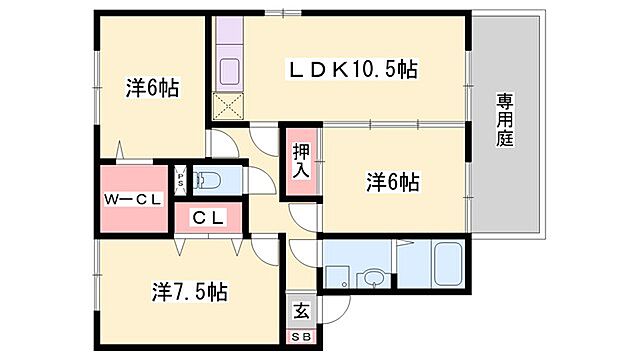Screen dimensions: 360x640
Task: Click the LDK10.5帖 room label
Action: [x=352, y=69]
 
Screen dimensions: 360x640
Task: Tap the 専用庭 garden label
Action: [x=504, y=119]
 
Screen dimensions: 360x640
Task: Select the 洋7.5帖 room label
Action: [x=189, y=292]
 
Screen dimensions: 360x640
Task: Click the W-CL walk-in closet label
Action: [x=133, y=199]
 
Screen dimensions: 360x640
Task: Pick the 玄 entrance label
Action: [x=301, y=309]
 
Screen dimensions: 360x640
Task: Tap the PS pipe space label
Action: [x=180, y=181]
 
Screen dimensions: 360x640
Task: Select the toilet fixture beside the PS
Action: [x=209, y=181]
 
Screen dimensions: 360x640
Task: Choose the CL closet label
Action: [x=208, y=217]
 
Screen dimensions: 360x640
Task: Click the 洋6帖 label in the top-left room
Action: [x=152, y=88]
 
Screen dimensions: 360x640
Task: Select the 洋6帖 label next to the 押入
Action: [x=392, y=182]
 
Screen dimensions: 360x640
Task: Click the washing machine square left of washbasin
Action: [x=335, y=275]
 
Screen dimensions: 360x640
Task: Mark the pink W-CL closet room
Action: [x=132, y=211]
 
